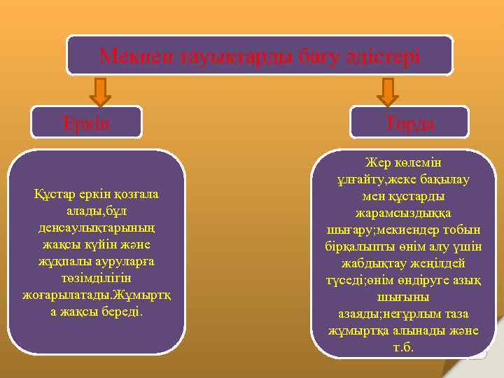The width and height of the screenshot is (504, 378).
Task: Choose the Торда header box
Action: click(409, 122)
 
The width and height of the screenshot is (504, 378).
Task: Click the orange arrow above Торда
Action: click(387, 92)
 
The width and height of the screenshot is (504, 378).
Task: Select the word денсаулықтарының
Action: click(97, 227)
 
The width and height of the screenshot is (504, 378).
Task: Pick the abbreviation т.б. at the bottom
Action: click(403, 348)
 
